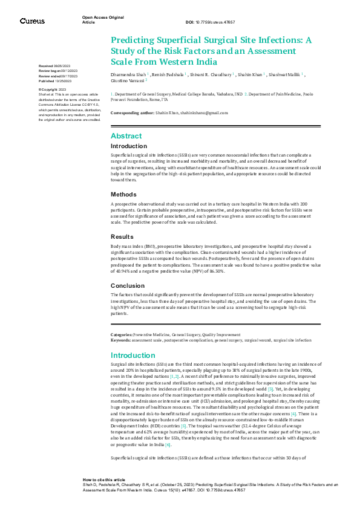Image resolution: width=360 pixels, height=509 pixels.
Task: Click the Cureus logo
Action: [32, 21]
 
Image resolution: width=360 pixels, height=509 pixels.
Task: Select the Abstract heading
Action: [126, 136]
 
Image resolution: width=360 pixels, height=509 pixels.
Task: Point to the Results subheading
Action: [122, 236]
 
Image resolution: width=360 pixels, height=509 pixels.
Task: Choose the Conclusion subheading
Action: [127, 285]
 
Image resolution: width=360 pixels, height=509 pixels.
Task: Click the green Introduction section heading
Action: [133, 355]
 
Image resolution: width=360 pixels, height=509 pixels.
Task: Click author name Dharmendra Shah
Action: [128, 74]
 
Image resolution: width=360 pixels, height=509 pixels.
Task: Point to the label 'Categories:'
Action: [122, 334]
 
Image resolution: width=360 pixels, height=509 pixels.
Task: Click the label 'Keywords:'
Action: [120, 340]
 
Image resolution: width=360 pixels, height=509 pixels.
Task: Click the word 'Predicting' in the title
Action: [134, 41]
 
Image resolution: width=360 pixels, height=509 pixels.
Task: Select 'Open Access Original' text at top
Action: [102, 18]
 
